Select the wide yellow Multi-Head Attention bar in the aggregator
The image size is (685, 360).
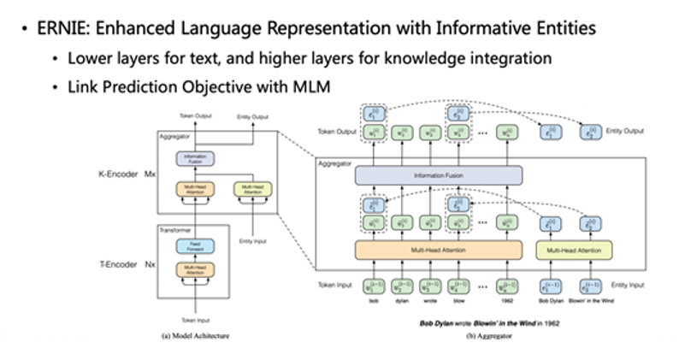[x=574, y=251]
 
